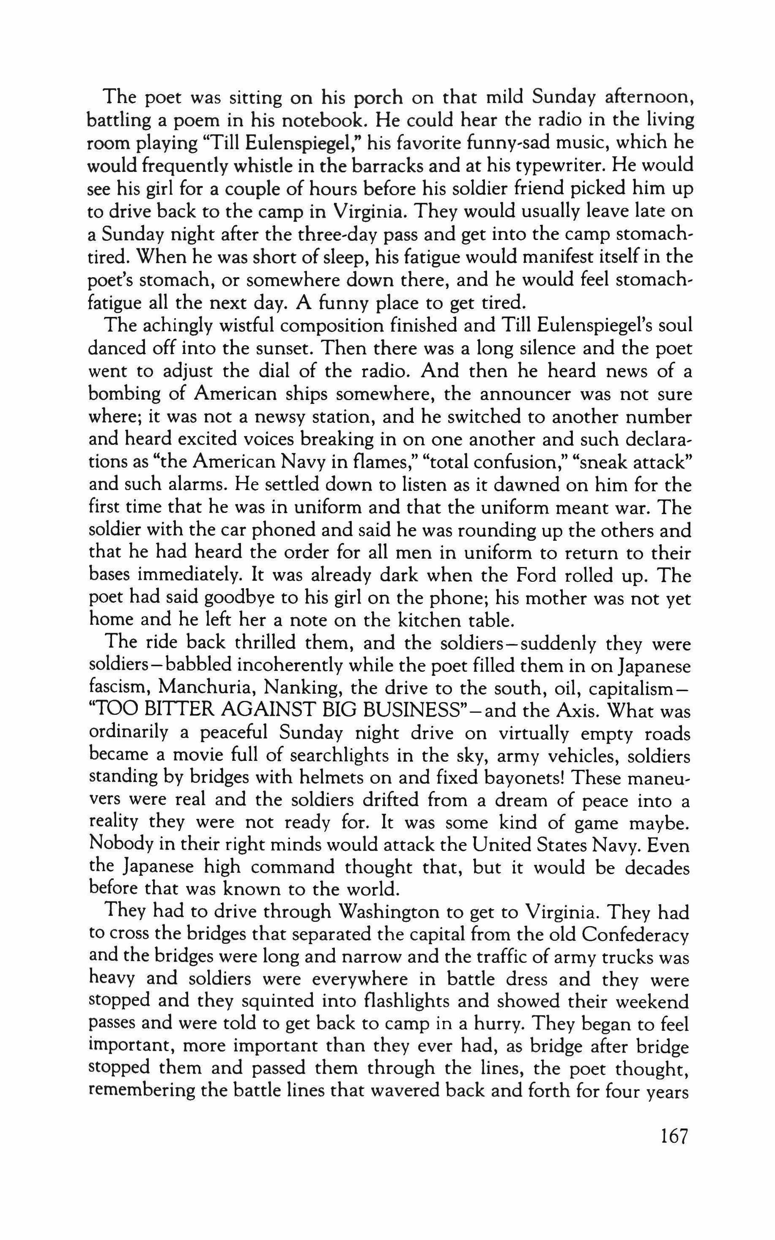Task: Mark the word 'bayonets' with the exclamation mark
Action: [524, 779]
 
